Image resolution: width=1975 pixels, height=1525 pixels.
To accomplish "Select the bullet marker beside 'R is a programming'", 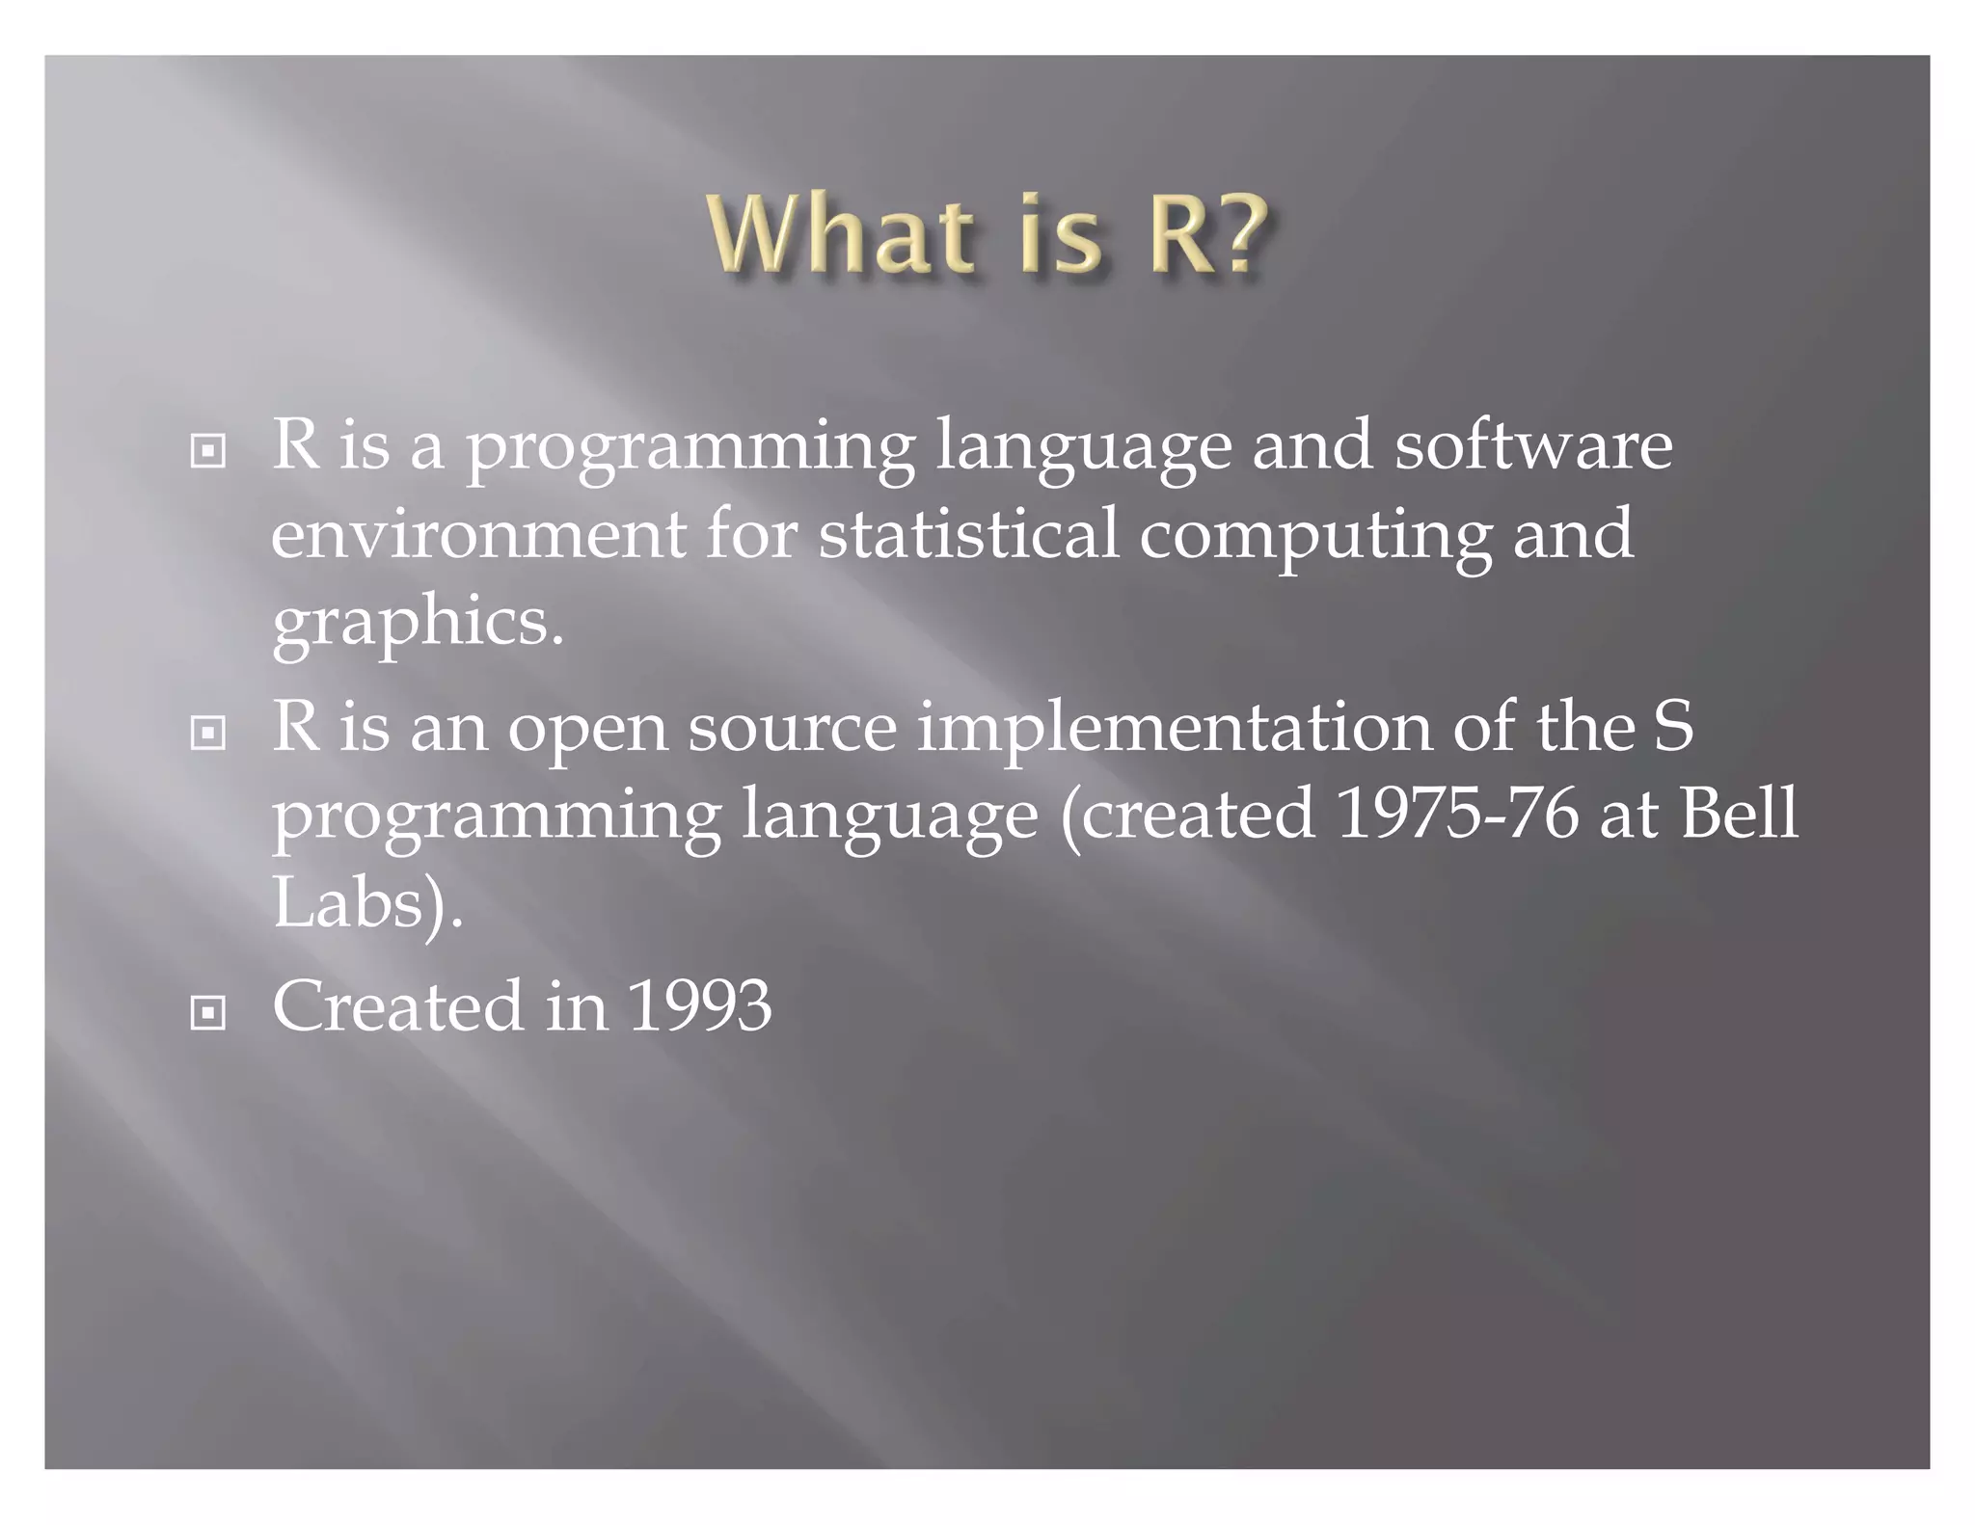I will [x=207, y=451].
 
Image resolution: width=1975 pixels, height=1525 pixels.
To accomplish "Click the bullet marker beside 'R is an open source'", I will [x=207, y=734].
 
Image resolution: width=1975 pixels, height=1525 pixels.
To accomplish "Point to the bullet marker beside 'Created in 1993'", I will [x=207, y=1013].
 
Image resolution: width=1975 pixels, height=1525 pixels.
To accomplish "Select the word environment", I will [x=478, y=535].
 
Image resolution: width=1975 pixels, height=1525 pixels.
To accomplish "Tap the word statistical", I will [x=968, y=535].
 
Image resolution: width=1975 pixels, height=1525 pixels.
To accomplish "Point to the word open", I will [x=587, y=729].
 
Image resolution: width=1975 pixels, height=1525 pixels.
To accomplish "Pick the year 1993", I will [x=700, y=1006].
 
